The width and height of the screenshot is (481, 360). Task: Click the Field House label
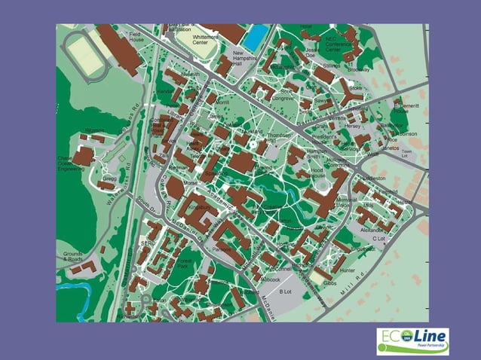click(x=136, y=37)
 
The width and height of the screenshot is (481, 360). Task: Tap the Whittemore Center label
click(x=205, y=40)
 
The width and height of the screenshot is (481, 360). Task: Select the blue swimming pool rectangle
click(x=256, y=35)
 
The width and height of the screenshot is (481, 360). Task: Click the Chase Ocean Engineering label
click(x=72, y=163)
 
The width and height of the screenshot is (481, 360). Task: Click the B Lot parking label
click(x=285, y=291)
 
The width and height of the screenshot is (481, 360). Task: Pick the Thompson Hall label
click(x=278, y=138)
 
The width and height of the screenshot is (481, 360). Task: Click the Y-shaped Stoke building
click(x=349, y=96)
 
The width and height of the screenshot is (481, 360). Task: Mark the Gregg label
click(x=110, y=178)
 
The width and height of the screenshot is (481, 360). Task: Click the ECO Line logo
click(x=412, y=341)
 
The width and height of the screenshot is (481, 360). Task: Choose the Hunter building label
click(x=347, y=270)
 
